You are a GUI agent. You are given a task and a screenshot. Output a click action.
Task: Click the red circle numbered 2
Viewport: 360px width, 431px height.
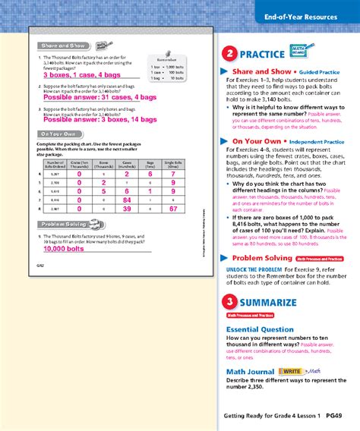228,54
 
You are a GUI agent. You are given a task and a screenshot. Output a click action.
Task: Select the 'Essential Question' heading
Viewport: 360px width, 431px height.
261,329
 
